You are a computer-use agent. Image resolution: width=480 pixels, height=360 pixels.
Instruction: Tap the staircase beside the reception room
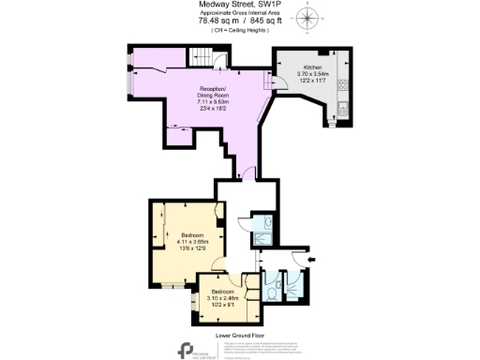tap(200, 58)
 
